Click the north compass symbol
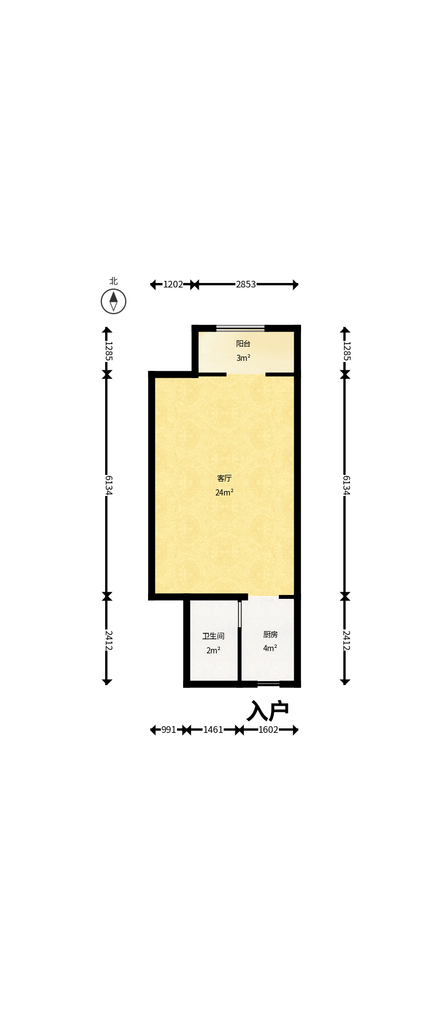(114, 301)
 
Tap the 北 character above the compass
(114, 281)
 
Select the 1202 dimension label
(173, 285)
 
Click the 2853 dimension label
(246, 285)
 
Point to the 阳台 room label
(243, 344)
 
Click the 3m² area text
(243, 358)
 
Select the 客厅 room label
(224, 478)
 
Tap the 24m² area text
(224, 493)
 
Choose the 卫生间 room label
(213, 636)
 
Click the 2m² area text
(213, 651)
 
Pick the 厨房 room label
(270, 634)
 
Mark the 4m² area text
(270, 648)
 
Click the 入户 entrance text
(268, 711)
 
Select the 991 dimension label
(169, 730)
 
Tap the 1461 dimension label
(213, 730)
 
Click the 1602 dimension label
(268, 730)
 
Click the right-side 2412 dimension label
(346, 641)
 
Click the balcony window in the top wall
(240, 328)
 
